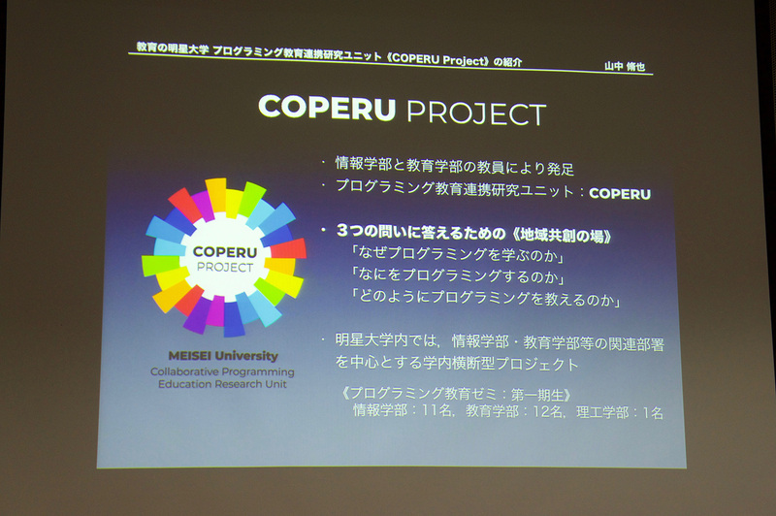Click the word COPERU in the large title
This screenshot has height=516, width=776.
(327, 108)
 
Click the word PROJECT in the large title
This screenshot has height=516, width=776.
(475, 113)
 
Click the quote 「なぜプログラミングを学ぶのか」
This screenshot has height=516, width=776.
(447, 256)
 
